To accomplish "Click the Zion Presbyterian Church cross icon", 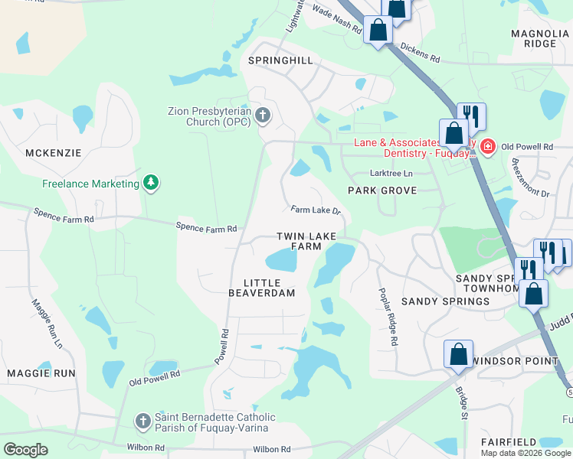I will pos(263,116).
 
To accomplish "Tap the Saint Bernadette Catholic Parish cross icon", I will pos(142,422).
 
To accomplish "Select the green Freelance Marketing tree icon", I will pos(152,183).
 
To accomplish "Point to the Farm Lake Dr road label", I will pos(315,210).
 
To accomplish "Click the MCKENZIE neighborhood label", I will pos(53,153).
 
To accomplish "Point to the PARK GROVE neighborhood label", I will pos(381,190).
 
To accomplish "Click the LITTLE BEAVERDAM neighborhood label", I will pos(262,288).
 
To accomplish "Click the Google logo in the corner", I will pos(26,449).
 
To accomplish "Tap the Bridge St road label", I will pos(462,402).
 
